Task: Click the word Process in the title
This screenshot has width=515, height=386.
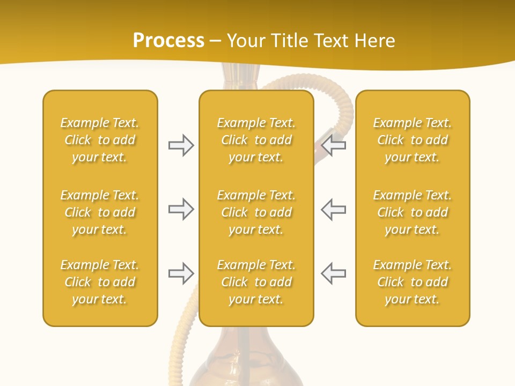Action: click(168, 41)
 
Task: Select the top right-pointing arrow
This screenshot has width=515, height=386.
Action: click(181, 145)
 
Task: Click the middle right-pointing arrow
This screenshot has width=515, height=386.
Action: click(181, 209)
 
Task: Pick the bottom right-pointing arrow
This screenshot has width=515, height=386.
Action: click(181, 273)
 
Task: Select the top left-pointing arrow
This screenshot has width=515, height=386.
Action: click(333, 145)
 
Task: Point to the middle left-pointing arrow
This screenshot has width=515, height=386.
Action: click(333, 209)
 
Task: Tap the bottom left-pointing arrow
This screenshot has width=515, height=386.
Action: click(333, 273)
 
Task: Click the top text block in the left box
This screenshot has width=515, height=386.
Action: click(100, 140)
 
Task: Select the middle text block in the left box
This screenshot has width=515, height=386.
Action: click(100, 212)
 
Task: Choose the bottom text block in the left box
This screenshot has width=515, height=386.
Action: click(100, 282)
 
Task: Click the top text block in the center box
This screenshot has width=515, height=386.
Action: click(256, 140)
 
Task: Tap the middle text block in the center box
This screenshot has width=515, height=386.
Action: click(256, 212)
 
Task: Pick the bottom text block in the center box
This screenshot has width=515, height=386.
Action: click(256, 282)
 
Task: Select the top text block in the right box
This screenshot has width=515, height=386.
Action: click(413, 140)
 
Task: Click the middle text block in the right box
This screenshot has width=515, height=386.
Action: click(413, 212)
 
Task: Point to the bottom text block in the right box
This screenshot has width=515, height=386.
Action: click(413, 282)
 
